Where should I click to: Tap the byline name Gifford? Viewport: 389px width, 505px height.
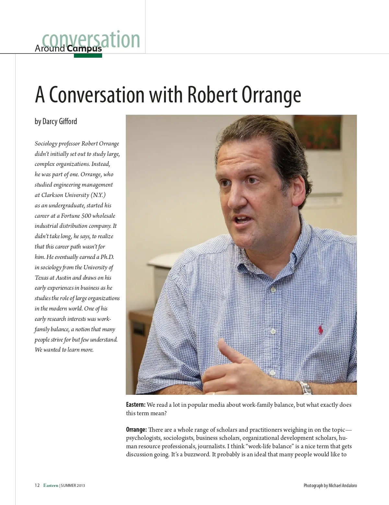point(68,122)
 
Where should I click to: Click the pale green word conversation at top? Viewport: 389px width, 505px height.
point(91,40)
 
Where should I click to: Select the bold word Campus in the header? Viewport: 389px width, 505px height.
point(84,49)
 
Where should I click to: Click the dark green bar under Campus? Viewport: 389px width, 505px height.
point(88,56)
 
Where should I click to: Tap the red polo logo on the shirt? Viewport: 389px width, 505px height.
point(321,330)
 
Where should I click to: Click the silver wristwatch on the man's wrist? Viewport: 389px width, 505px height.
point(305,388)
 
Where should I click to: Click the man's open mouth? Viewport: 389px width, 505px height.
point(242,220)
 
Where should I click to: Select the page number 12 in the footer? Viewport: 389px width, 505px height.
point(37,485)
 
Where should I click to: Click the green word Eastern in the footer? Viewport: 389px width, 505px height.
point(51,485)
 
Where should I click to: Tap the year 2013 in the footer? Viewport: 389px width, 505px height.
point(81,486)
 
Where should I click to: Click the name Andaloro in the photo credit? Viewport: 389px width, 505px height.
point(347,486)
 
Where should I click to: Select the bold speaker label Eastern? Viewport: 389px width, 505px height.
point(136,405)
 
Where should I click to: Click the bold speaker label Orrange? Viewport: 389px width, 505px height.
point(136,429)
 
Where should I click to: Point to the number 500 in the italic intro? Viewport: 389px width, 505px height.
point(86,216)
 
